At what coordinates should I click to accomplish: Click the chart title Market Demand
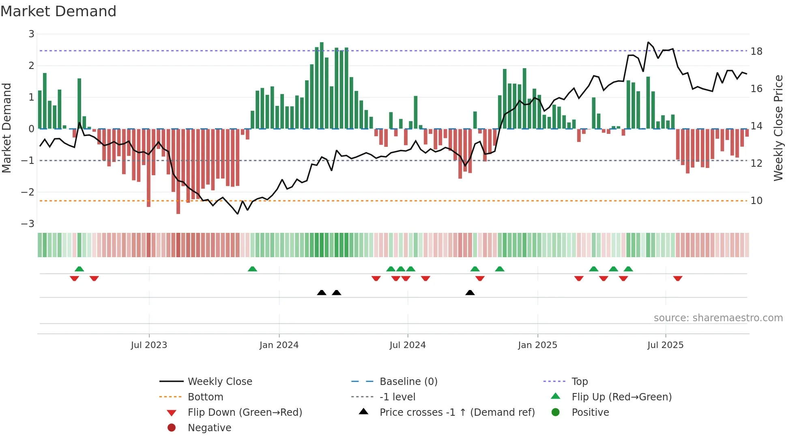tap(58, 11)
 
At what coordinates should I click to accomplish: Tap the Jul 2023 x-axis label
tap(149, 345)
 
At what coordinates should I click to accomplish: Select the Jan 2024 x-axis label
tap(279, 345)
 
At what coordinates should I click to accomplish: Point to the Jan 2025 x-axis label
tap(537, 345)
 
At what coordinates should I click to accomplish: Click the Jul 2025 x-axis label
tap(665, 345)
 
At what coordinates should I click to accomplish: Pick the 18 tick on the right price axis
tap(756, 52)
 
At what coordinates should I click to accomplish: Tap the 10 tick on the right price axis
tap(756, 201)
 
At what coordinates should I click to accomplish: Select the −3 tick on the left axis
tap(28, 224)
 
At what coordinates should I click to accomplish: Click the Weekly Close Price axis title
tap(778, 128)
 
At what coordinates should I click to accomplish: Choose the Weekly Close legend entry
tap(219, 382)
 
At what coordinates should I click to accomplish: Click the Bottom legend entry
tap(205, 397)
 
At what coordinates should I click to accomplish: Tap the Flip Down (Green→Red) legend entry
tap(245, 413)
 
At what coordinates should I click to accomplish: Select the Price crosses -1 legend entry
tap(457, 413)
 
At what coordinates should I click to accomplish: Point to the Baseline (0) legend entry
tap(408, 382)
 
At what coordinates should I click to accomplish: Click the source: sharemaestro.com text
tap(718, 318)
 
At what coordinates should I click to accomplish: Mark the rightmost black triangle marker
tap(470, 293)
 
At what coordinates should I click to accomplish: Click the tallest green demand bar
tap(322, 85)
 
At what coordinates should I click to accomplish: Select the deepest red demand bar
tap(178, 171)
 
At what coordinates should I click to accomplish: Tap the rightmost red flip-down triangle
tap(678, 278)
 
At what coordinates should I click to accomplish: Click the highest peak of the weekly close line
tap(648, 42)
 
